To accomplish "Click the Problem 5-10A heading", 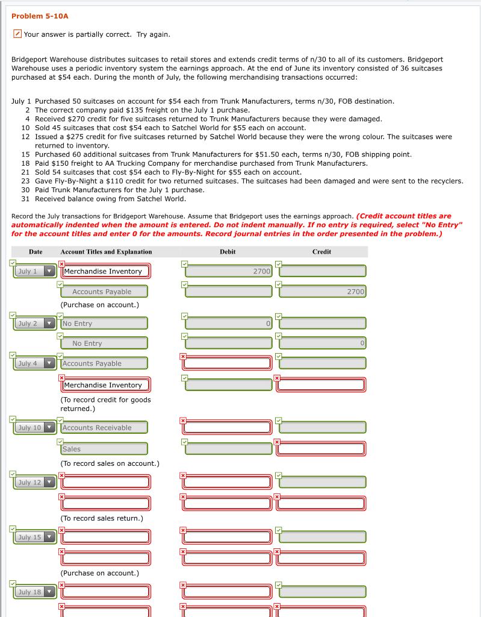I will point(40,16).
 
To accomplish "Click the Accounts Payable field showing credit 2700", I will point(105,292).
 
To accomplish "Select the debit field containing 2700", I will point(228,271).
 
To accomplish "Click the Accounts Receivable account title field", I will point(105,428).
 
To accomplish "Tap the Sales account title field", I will point(105,449).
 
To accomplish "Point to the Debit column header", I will point(228,252).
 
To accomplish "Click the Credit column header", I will point(321,252).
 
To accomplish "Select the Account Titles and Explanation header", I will point(106,252).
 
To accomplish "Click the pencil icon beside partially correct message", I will point(17,34).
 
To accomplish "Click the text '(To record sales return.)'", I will point(101,518).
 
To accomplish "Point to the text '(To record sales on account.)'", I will point(110,463).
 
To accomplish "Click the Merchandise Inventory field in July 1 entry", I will point(105,271).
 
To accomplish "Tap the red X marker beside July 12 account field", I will point(61,476).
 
